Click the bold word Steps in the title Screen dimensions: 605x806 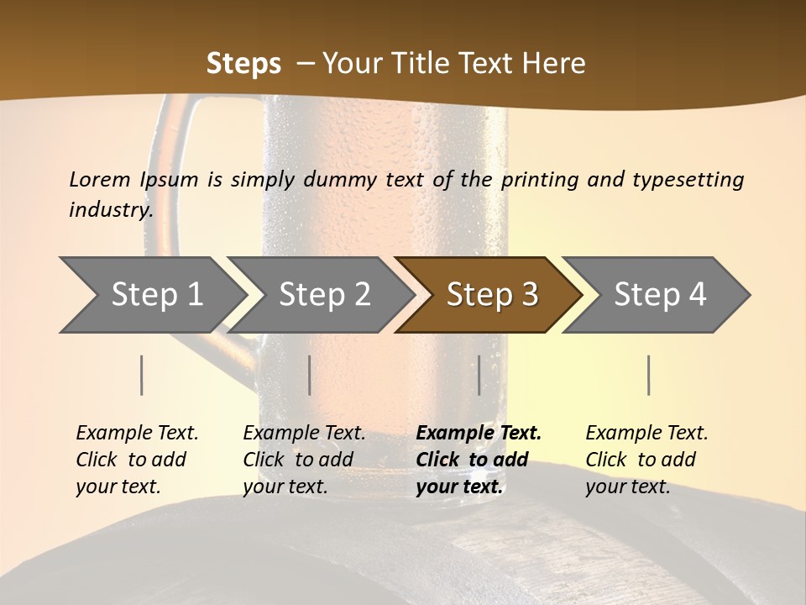(x=243, y=64)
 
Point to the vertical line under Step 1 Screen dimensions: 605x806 (x=142, y=375)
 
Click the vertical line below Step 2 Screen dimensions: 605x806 (x=310, y=375)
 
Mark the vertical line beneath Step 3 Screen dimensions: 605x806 (x=479, y=375)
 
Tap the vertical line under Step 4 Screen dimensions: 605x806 (x=649, y=375)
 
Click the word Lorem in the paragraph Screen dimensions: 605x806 (x=100, y=179)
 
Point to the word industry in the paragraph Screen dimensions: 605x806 (x=110, y=210)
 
